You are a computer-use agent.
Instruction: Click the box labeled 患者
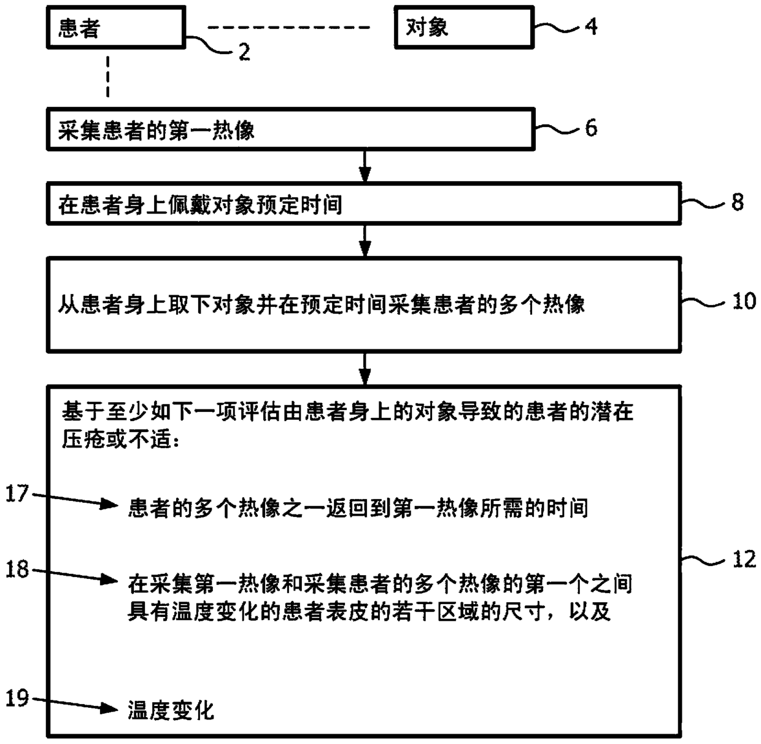coord(115,28)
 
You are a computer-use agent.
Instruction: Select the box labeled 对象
coord(463,27)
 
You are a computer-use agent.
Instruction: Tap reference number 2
coord(244,53)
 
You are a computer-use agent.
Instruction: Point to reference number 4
coord(590,26)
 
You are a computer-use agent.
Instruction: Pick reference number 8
coord(737,202)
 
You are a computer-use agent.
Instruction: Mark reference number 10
coord(744,301)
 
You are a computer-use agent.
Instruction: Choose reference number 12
coord(744,559)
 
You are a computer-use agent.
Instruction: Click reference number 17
coord(17,493)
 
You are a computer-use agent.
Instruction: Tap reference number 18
coord(17,569)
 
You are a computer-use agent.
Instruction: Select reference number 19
coord(17,698)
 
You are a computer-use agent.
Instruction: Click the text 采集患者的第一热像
coord(156,131)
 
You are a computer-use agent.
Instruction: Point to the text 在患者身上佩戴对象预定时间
coord(200,204)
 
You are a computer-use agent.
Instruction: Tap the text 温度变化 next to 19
coord(171,711)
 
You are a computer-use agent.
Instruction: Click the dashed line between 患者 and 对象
coord(289,28)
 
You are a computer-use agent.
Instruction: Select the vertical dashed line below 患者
coord(108,77)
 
